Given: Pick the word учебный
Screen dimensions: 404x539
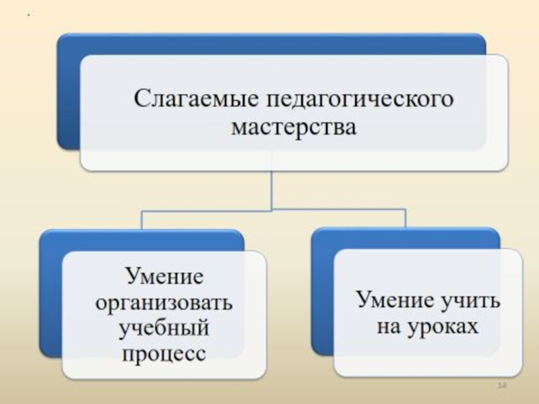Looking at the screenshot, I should tap(164, 329).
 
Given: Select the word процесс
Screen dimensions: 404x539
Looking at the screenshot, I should tap(164, 353).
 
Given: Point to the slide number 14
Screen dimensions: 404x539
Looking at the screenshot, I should tap(501, 385).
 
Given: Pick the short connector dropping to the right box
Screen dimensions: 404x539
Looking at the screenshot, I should tap(405, 220).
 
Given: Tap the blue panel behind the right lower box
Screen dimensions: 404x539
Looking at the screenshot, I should tap(322, 296).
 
